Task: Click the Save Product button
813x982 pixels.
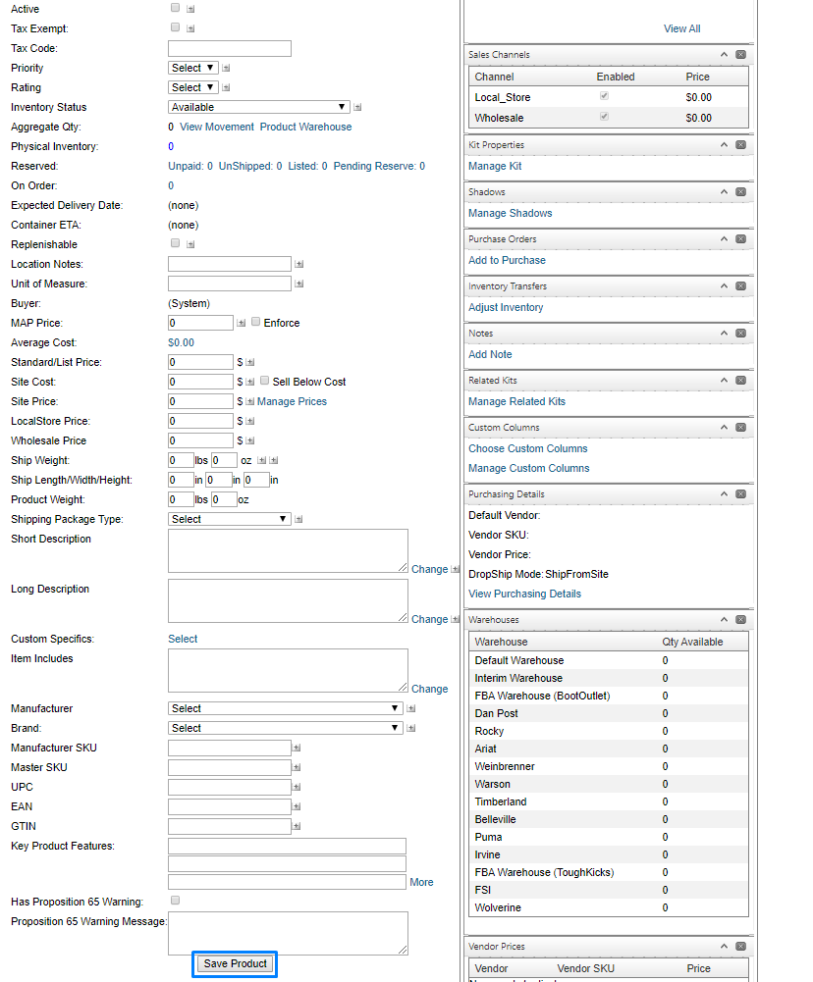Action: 235,963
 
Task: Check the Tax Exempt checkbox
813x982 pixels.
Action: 175,27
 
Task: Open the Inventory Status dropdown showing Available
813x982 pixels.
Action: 259,107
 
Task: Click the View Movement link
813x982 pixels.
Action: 216,127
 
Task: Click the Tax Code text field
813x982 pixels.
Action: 230,48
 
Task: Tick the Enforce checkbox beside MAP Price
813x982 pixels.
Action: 256,322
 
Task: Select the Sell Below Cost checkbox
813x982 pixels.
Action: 265,381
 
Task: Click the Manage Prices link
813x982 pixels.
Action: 292,401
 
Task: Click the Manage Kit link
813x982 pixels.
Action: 495,166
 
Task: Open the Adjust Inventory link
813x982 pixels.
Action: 506,307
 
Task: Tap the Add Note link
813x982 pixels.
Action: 490,354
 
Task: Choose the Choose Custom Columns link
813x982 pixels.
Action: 527,448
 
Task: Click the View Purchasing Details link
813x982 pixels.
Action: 524,594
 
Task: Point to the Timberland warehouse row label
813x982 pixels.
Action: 500,801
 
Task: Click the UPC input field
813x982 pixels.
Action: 230,787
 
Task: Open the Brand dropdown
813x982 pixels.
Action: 286,728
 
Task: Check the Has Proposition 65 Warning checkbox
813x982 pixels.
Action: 175,900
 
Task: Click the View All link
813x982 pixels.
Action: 681,28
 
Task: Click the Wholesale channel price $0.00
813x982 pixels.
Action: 698,118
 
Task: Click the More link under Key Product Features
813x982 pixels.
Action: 421,882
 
